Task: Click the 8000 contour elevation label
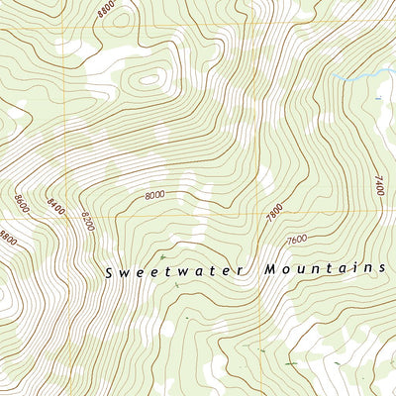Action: tap(154, 196)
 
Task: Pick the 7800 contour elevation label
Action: tap(274, 212)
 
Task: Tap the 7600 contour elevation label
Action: tap(295, 241)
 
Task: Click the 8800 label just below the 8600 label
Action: tap(11, 238)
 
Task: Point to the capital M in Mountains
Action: tap(270, 269)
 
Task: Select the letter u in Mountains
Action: tap(305, 269)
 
